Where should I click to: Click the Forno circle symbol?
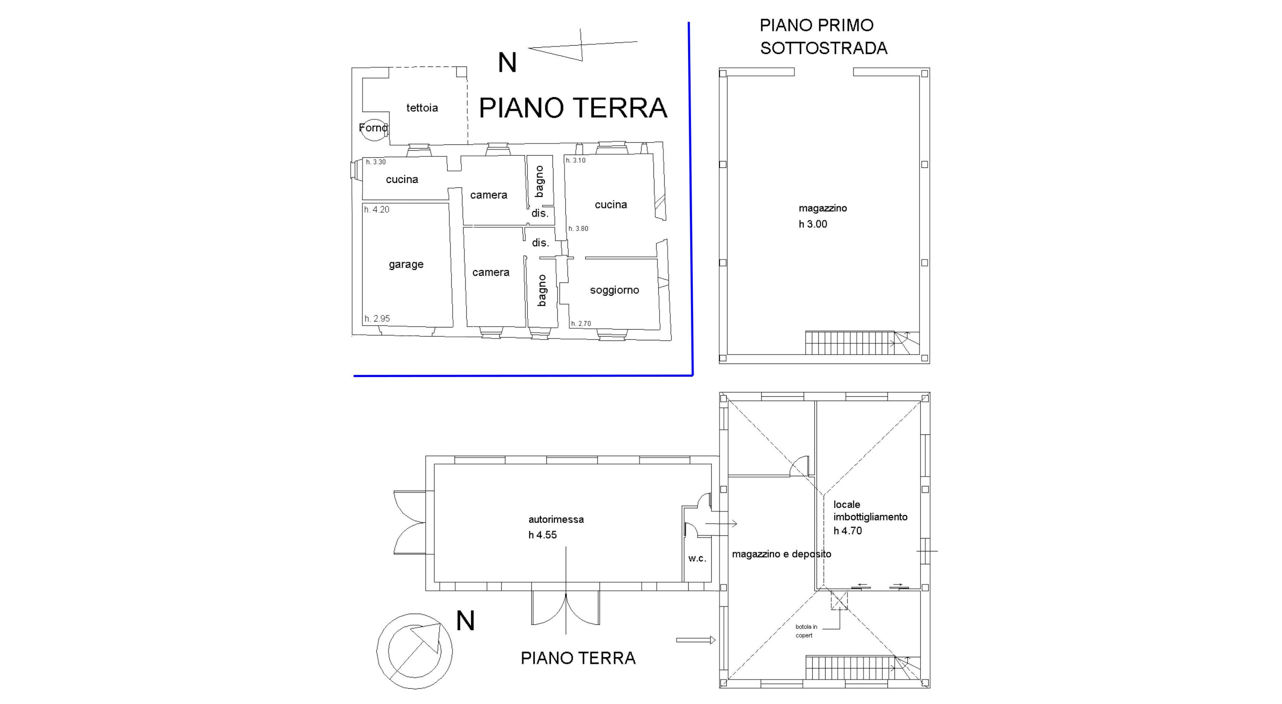point(373,128)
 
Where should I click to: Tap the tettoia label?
point(422,108)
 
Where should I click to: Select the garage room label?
point(406,264)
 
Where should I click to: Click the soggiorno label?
point(614,290)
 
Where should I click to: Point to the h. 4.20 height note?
point(377,210)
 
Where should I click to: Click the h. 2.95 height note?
point(377,318)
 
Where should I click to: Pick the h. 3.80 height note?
point(578,229)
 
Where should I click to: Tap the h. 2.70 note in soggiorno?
point(581,323)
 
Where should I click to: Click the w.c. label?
point(697,558)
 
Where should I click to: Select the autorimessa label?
point(556,519)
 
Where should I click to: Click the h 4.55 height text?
point(542,535)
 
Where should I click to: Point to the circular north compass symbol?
point(415,651)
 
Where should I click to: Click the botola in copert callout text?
point(806,631)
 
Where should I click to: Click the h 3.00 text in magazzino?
point(813,224)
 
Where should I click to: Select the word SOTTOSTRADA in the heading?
point(823,48)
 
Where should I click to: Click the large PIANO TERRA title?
point(572,107)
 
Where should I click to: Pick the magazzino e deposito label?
point(781,554)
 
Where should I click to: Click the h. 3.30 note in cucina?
point(376,162)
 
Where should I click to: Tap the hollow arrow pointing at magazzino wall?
point(695,640)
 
